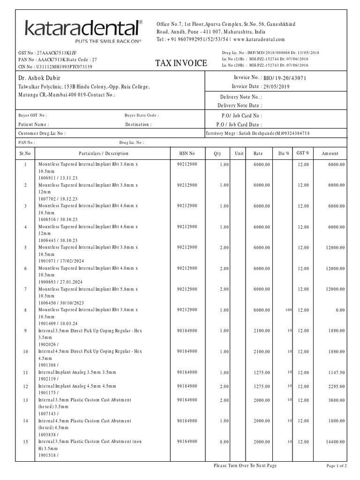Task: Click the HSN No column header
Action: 187,153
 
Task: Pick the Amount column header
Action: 330,153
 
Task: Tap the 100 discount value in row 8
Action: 288,310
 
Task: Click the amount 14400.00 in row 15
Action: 336,442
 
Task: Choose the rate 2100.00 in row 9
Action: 262,330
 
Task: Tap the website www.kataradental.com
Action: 259,39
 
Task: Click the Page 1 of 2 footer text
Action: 336,466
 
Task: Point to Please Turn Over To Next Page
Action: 245,465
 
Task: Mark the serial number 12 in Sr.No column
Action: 25,386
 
